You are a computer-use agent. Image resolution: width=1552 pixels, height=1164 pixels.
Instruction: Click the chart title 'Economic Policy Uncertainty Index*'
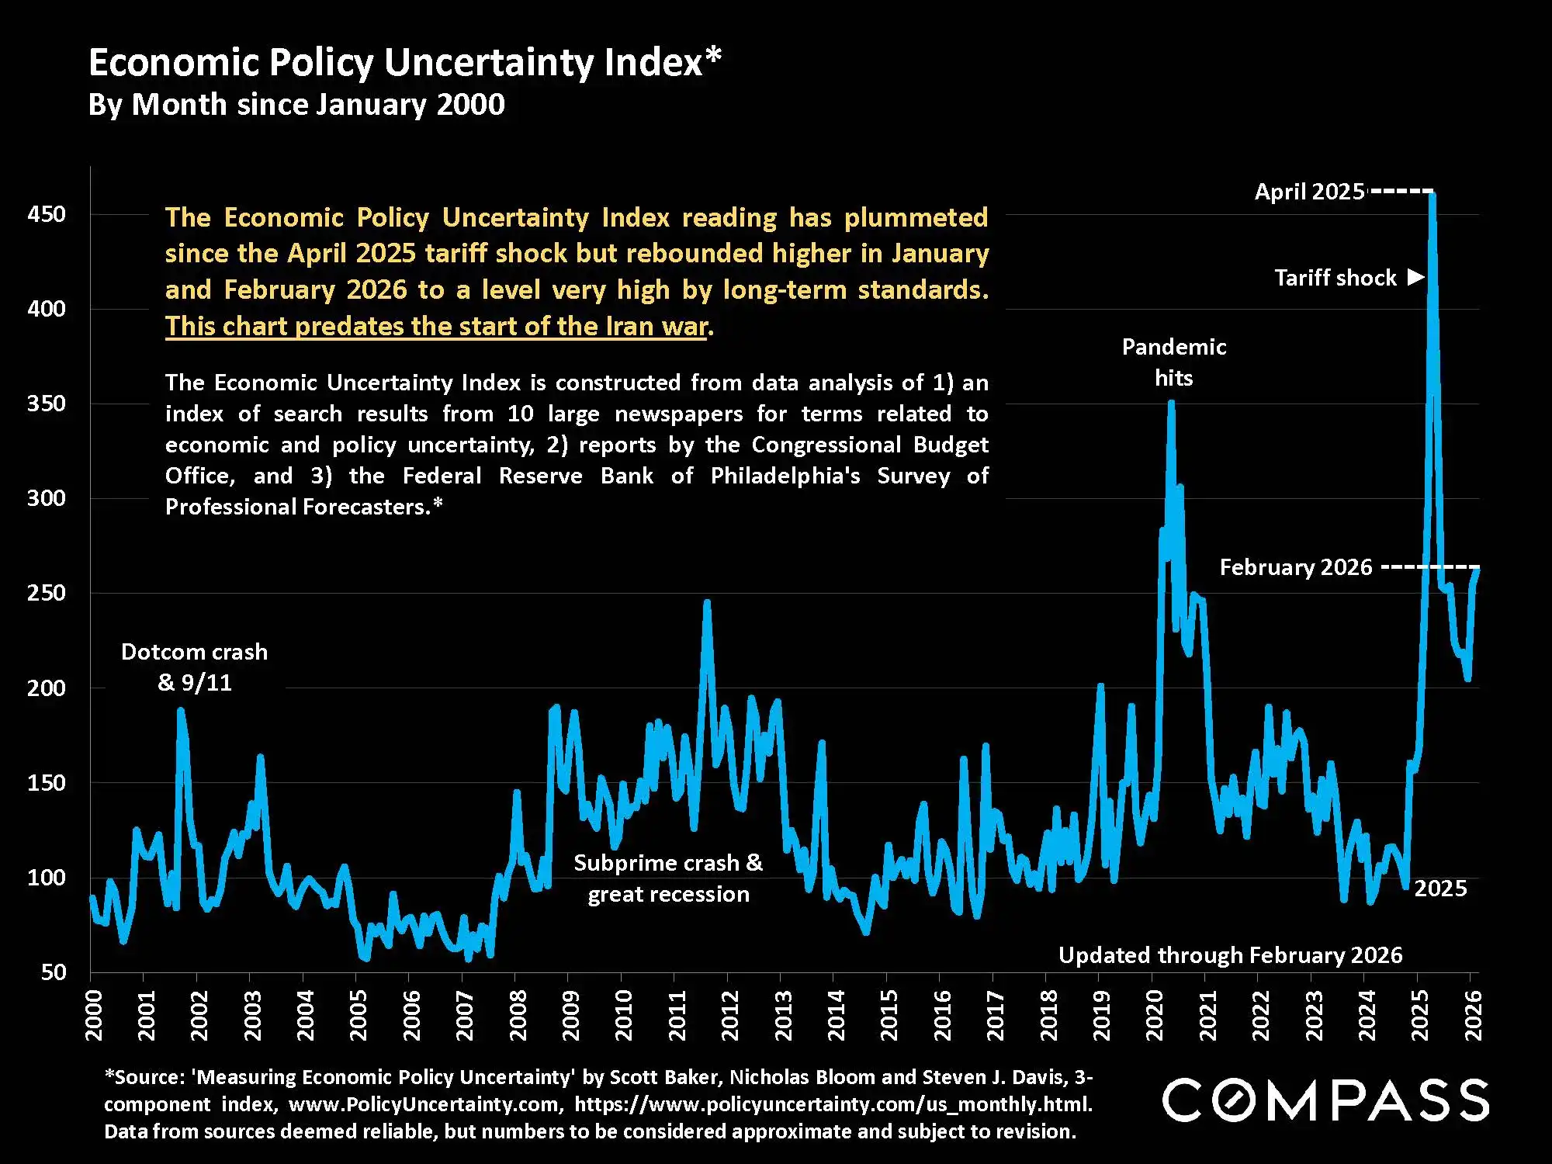(405, 62)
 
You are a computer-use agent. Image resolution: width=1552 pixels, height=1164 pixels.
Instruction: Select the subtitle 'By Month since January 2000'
(296, 105)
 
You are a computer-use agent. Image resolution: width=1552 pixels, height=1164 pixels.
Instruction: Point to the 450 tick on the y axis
(47, 214)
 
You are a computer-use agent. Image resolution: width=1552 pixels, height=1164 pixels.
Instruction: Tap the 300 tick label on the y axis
(47, 498)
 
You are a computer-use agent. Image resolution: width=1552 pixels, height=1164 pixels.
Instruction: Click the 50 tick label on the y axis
(54, 972)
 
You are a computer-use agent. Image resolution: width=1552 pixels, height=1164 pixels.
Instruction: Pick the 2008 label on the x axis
(518, 1015)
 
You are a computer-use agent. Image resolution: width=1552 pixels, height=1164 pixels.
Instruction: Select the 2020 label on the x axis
(1154, 1015)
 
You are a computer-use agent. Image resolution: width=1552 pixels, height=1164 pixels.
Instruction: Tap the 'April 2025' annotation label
(1309, 192)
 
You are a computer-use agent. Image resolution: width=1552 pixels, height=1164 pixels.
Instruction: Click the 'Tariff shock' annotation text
(1335, 278)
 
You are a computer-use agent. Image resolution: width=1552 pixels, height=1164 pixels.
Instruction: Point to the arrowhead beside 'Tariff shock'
(1416, 277)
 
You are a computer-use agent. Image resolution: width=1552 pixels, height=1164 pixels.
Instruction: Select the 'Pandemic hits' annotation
(1174, 362)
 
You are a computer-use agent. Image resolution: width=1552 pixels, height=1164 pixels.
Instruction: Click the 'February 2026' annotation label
(1296, 567)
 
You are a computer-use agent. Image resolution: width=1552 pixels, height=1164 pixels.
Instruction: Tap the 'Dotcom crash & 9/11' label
(194, 667)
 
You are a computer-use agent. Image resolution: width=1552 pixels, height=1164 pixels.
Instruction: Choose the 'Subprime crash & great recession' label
(668, 878)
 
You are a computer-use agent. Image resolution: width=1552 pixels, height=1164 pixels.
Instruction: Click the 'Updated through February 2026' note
(1230, 955)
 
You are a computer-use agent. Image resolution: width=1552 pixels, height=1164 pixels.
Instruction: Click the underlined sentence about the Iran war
(437, 327)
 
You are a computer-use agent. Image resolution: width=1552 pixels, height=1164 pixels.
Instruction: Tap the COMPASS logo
(1325, 1100)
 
